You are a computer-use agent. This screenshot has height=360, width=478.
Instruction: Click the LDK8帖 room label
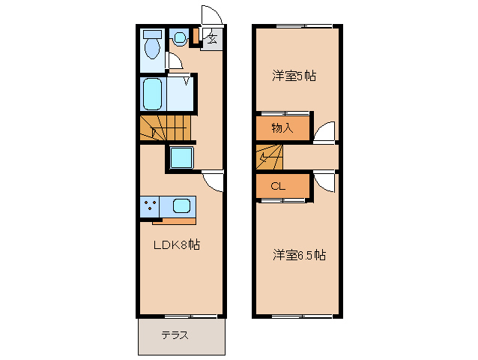click(x=177, y=244)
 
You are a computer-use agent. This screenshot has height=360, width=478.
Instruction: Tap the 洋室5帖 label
click(x=294, y=76)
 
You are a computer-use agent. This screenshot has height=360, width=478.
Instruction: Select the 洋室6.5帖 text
click(x=299, y=256)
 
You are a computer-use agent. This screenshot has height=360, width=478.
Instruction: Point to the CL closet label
click(x=277, y=186)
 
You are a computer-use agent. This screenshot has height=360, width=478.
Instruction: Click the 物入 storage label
click(x=282, y=128)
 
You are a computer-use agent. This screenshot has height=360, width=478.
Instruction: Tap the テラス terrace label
click(x=175, y=335)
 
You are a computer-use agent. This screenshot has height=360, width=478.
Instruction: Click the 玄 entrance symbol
click(x=212, y=39)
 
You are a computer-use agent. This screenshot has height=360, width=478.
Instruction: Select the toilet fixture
click(x=152, y=46)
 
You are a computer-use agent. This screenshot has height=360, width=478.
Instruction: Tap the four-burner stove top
click(x=149, y=205)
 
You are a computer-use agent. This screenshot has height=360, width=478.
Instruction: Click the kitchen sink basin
click(x=182, y=205)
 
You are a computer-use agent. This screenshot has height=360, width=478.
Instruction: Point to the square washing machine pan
click(x=181, y=157)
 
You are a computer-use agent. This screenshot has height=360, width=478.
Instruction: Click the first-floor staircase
click(x=166, y=129)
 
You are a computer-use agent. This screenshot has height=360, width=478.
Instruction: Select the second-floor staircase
click(x=270, y=157)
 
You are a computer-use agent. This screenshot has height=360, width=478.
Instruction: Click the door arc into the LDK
click(x=213, y=180)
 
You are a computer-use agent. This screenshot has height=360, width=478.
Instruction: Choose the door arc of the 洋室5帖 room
click(x=324, y=132)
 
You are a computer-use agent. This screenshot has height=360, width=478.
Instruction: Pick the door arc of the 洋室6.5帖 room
click(x=324, y=182)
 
